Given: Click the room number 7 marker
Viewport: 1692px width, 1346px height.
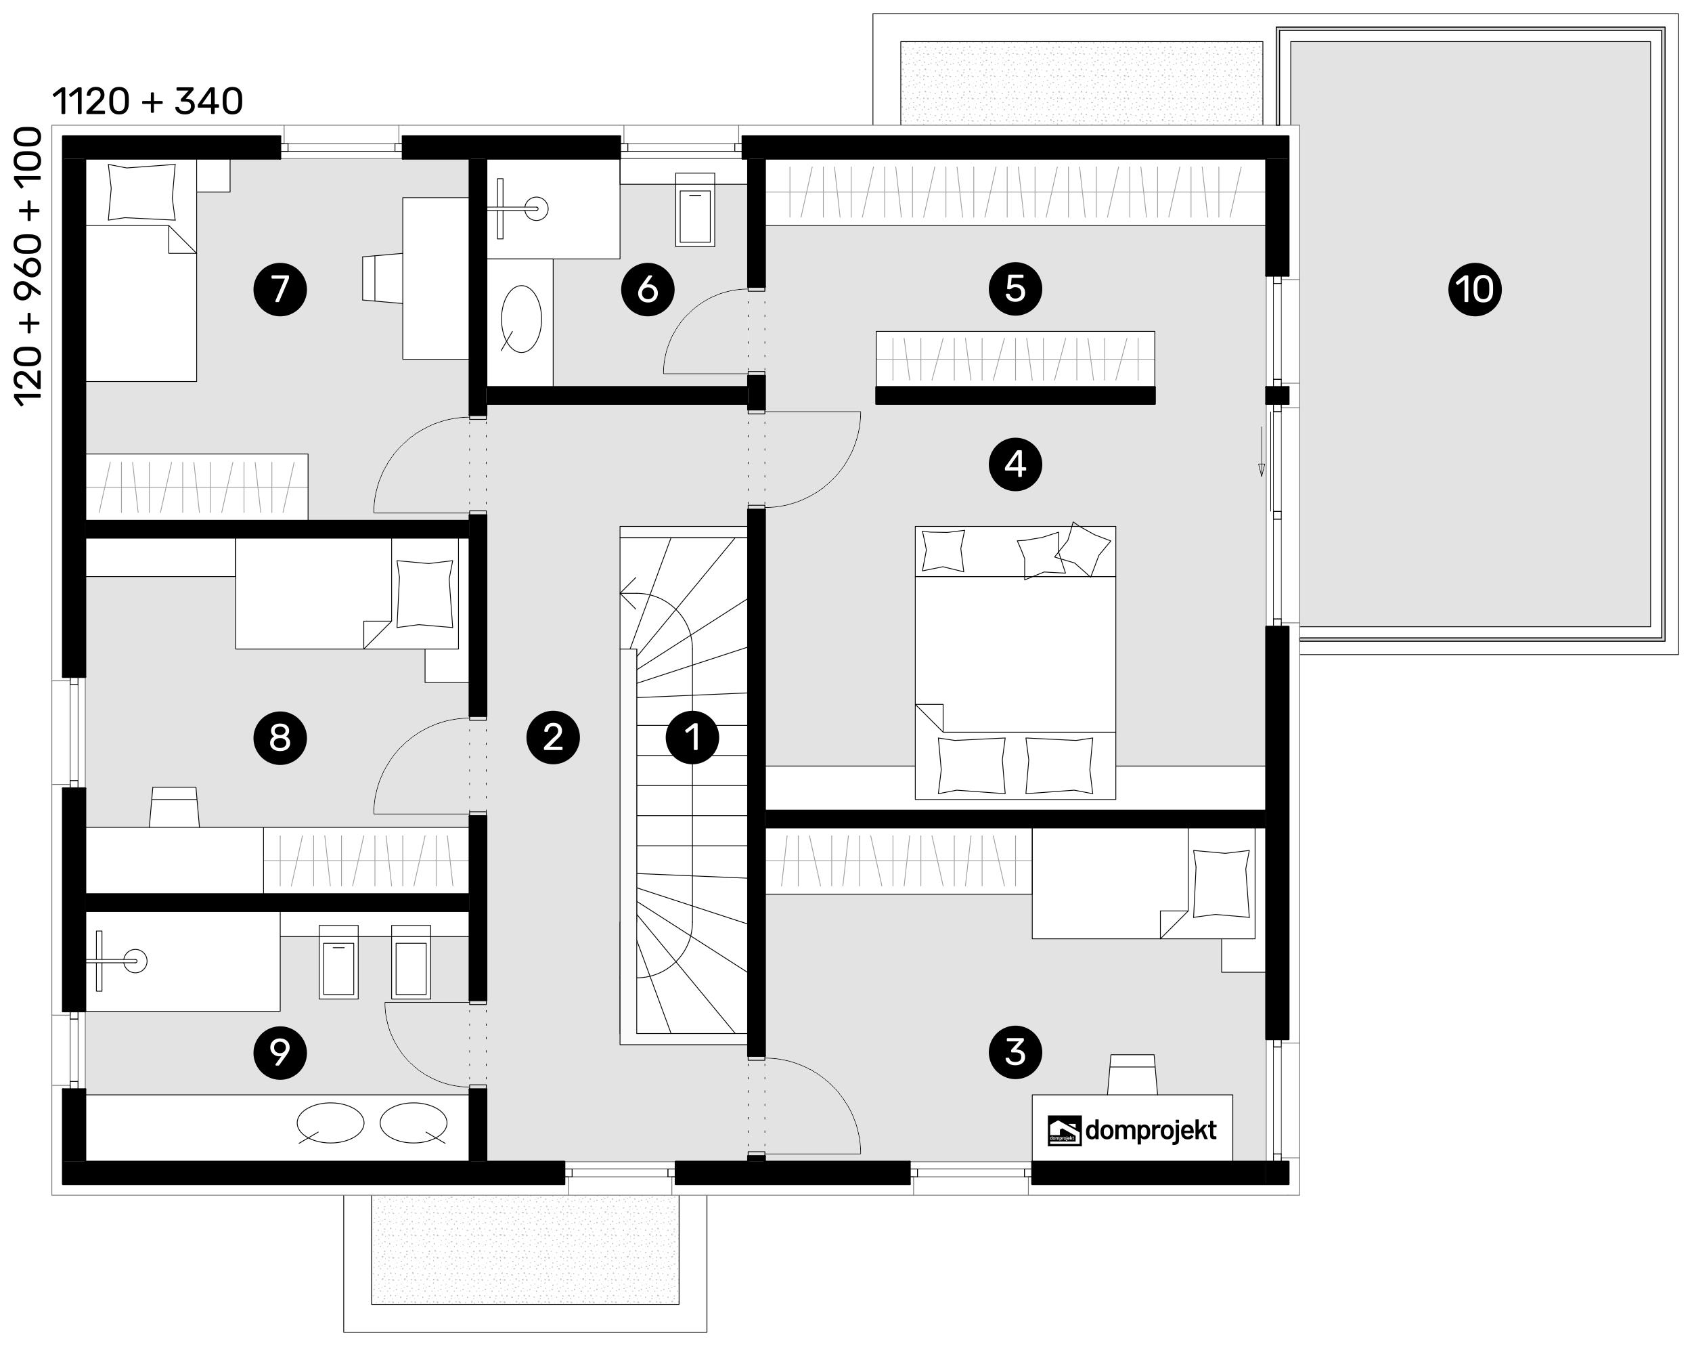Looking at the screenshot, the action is click(x=280, y=289).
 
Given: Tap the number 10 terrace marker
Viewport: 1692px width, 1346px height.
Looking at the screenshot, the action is click(x=1475, y=289).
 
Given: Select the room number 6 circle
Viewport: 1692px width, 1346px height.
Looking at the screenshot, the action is click(x=648, y=289).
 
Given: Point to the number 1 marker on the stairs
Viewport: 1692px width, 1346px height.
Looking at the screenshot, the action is click(x=692, y=737).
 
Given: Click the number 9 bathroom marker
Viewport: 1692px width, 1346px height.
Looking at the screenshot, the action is click(x=280, y=1051).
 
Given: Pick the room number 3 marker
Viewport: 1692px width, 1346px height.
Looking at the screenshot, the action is click(x=1015, y=1051).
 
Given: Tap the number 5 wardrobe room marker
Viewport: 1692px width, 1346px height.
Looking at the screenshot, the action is click(x=1015, y=288).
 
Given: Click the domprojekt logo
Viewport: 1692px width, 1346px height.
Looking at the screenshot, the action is click(x=1132, y=1131).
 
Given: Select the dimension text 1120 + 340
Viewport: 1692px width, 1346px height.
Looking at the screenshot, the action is click(x=148, y=102).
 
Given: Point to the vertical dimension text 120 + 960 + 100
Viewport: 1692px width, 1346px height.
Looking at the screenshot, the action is click(x=28, y=266).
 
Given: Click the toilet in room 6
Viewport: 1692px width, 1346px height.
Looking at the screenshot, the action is click(x=695, y=210).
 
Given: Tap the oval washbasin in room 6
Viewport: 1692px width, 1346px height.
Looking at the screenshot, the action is click(x=521, y=319).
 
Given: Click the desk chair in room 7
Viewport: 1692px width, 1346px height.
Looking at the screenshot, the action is click(x=382, y=276).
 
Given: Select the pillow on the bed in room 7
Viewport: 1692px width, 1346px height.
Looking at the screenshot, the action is click(x=141, y=192).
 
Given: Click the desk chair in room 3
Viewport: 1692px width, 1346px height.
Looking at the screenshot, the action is click(x=1132, y=1074).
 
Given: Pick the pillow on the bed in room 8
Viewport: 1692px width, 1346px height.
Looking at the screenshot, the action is click(x=424, y=594).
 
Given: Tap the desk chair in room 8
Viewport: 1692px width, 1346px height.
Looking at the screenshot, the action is click(x=174, y=806).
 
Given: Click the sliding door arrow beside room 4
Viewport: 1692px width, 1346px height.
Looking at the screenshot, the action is click(x=1261, y=451).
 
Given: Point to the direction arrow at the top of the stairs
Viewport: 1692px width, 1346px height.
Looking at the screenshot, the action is click(x=629, y=593).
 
